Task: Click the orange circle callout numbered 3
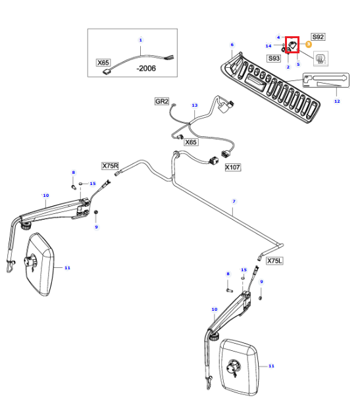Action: coord(309,44)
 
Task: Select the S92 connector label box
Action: coord(318,37)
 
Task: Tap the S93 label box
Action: coord(274,59)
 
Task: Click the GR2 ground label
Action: coord(162,101)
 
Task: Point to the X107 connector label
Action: coord(233,167)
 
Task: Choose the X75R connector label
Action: coord(110,166)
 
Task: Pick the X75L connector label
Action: coord(274,261)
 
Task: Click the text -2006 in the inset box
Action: coord(146,68)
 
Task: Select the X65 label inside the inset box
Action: coord(103,63)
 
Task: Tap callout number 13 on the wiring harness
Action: coord(194,105)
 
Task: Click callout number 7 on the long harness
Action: coord(234,201)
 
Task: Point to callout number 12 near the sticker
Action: coord(337,101)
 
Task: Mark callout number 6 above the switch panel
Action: coord(232,45)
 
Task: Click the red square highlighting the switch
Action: coord(292,45)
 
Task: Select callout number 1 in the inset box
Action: coord(140,40)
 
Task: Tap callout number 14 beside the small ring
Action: coord(269,46)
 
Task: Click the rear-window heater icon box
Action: coord(321,59)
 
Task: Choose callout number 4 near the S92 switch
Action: coord(278,38)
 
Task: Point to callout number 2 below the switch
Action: coord(288,67)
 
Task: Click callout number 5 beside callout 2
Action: coord(298,65)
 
